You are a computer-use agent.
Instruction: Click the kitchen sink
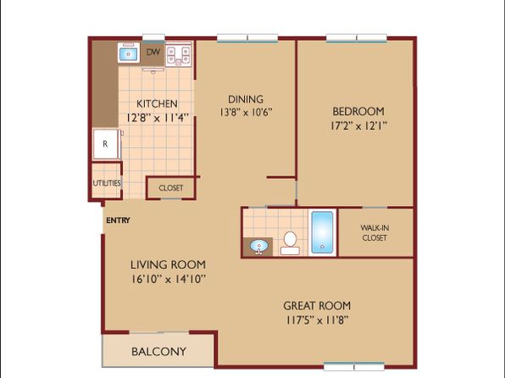coord(128,53)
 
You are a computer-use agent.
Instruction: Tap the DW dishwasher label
coord(153,53)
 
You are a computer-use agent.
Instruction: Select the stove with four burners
coord(179,55)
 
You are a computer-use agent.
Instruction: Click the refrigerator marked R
coord(106,144)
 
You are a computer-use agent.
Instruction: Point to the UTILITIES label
coord(107,183)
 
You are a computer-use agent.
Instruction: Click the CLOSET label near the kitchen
coord(171,187)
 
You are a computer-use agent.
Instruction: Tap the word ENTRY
coord(118,220)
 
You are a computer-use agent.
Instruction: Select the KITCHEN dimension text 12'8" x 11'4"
coord(157,118)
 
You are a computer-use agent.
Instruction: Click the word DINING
coord(246,99)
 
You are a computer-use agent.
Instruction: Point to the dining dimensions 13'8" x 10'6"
coord(246,112)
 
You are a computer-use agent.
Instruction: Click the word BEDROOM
coord(358,112)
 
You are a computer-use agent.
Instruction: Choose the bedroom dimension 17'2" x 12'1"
coord(358,125)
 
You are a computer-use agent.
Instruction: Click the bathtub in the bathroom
coord(322,232)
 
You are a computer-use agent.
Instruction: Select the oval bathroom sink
coord(259,247)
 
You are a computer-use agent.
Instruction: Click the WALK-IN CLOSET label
coord(375,233)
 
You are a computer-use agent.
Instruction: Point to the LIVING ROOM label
coord(168,264)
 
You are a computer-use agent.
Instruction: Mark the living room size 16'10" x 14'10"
coord(168,279)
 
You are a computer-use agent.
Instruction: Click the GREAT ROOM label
coord(317,305)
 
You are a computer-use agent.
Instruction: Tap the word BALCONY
coord(159,351)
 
